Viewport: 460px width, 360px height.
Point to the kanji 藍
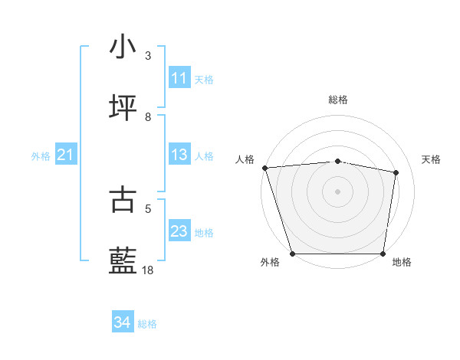(x=123, y=261)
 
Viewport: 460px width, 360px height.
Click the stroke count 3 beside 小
(x=148, y=56)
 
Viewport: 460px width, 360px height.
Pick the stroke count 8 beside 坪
(x=148, y=117)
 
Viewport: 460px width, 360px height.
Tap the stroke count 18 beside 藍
(x=148, y=270)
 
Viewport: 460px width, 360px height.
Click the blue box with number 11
(x=179, y=78)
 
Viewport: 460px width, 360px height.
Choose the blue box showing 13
(x=179, y=155)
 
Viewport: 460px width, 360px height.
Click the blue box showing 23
(x=179, y=231)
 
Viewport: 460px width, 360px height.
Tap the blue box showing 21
(x=65, y=155)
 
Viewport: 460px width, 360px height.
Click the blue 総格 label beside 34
(x=147, y=324)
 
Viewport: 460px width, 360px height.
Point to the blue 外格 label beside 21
(x=41, y=156)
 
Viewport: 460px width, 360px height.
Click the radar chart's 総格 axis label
(x=337, y=100)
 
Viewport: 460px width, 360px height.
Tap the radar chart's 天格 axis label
(x=432, y=159)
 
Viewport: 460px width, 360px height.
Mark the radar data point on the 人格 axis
(x=264, y=168)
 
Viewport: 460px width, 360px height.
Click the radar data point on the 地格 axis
(x=383, y=254)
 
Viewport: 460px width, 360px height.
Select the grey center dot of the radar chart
(x=337, y=191)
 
